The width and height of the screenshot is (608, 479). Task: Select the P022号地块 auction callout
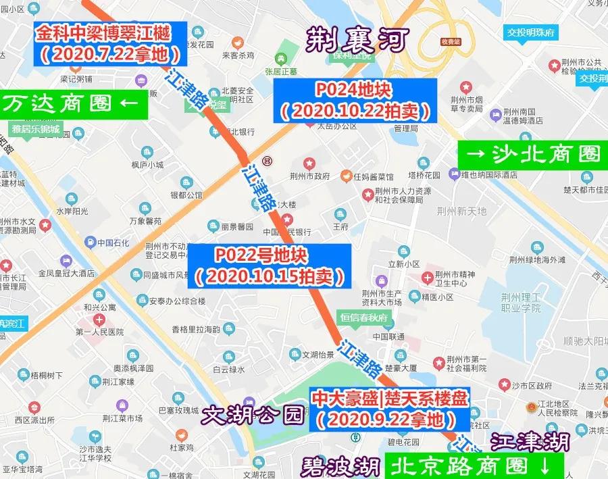click(270, 265)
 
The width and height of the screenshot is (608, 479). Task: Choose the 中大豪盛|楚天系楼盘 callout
click(388, 409)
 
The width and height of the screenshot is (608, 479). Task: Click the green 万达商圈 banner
click(71, 104)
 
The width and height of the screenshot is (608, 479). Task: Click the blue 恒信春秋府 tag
click(364, 317)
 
